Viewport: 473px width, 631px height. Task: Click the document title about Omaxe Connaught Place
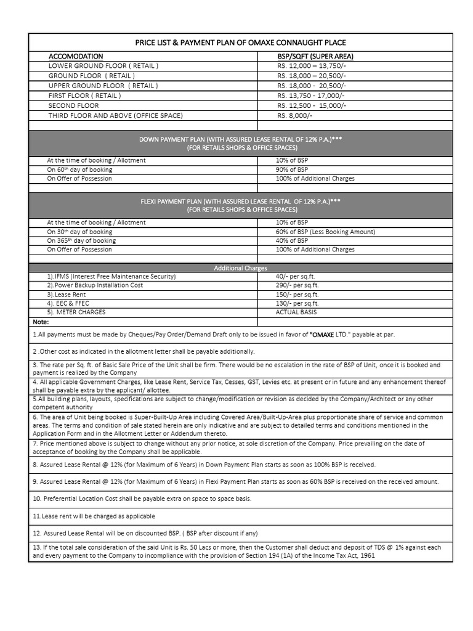coord(240,43)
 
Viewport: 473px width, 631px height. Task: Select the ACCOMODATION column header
coord(76,56)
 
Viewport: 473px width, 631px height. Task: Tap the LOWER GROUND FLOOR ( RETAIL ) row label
coord(103,65)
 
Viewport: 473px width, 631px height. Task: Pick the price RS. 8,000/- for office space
coord(295,115)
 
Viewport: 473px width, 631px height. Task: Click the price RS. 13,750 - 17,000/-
coord(311,96)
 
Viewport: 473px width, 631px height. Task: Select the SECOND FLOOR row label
coord(74,105)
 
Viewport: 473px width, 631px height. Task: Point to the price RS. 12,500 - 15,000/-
coord(312,105)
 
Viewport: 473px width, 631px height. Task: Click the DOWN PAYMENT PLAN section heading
coord(240,140)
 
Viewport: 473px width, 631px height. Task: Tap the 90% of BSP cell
coord(292,169)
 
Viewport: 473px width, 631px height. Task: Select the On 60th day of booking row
coord(79,169)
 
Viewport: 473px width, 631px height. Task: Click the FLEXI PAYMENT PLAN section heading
coord(240,202)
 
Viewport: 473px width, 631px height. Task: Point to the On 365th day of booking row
coord(81,240)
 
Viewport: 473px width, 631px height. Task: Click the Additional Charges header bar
coord(240,268)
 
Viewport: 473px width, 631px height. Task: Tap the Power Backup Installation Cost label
coord(95,286)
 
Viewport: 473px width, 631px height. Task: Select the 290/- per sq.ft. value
coord(297,286)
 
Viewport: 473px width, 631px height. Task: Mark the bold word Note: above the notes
coord(41,322)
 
